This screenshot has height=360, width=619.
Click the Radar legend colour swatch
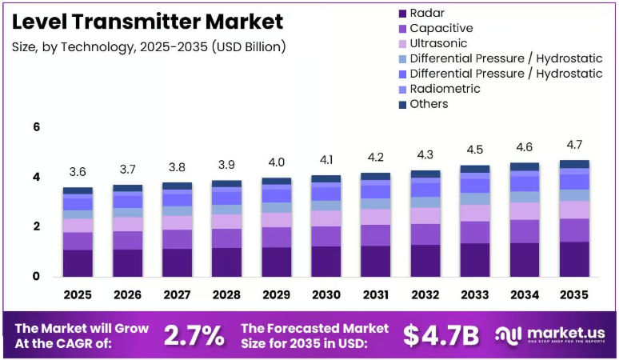402,14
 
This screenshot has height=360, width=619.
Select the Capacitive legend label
441,29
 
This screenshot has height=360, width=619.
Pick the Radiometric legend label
445,89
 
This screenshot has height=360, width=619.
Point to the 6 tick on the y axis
37,126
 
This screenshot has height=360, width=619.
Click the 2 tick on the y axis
37,226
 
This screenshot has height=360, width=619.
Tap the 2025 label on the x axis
78,295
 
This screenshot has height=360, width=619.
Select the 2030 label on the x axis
326,295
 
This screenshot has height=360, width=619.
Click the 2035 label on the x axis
574,295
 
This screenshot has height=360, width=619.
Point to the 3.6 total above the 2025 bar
78,172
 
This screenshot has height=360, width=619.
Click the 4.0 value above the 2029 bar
277,162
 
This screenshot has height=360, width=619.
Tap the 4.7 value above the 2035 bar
574,145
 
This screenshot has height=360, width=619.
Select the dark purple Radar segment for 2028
226,262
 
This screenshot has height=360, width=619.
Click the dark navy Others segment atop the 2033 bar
475,169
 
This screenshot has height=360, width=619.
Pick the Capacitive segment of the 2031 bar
375,235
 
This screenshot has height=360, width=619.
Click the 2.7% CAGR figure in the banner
194,335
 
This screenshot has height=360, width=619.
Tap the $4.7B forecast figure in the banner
441,335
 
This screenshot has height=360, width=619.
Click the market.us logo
550,335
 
